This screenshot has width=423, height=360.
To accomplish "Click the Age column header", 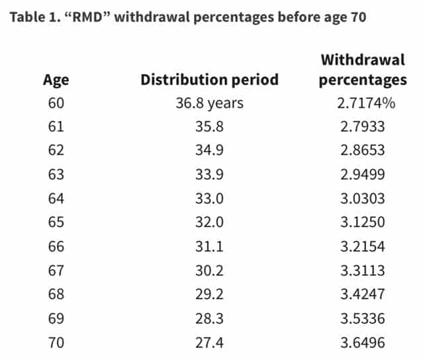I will click(x=56, y=80).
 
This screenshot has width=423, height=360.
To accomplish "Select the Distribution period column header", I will click(x=209, y=80).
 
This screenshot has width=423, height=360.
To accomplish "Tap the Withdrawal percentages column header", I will click(x=362, y=70).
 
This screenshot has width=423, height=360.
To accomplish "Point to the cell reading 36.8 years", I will click(x=209, y=103).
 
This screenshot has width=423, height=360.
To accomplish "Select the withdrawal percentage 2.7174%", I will click(x=362, y=103).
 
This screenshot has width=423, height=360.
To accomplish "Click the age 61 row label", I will click(x=56, y=126).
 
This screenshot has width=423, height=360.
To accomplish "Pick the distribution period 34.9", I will click(x=209, y=150).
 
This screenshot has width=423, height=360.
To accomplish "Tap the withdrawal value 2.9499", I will click(x=362, y=173).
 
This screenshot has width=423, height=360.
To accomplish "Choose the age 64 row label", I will click(x=56, y=197).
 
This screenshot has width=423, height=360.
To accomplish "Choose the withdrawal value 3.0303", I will click(x=362, y=197).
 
